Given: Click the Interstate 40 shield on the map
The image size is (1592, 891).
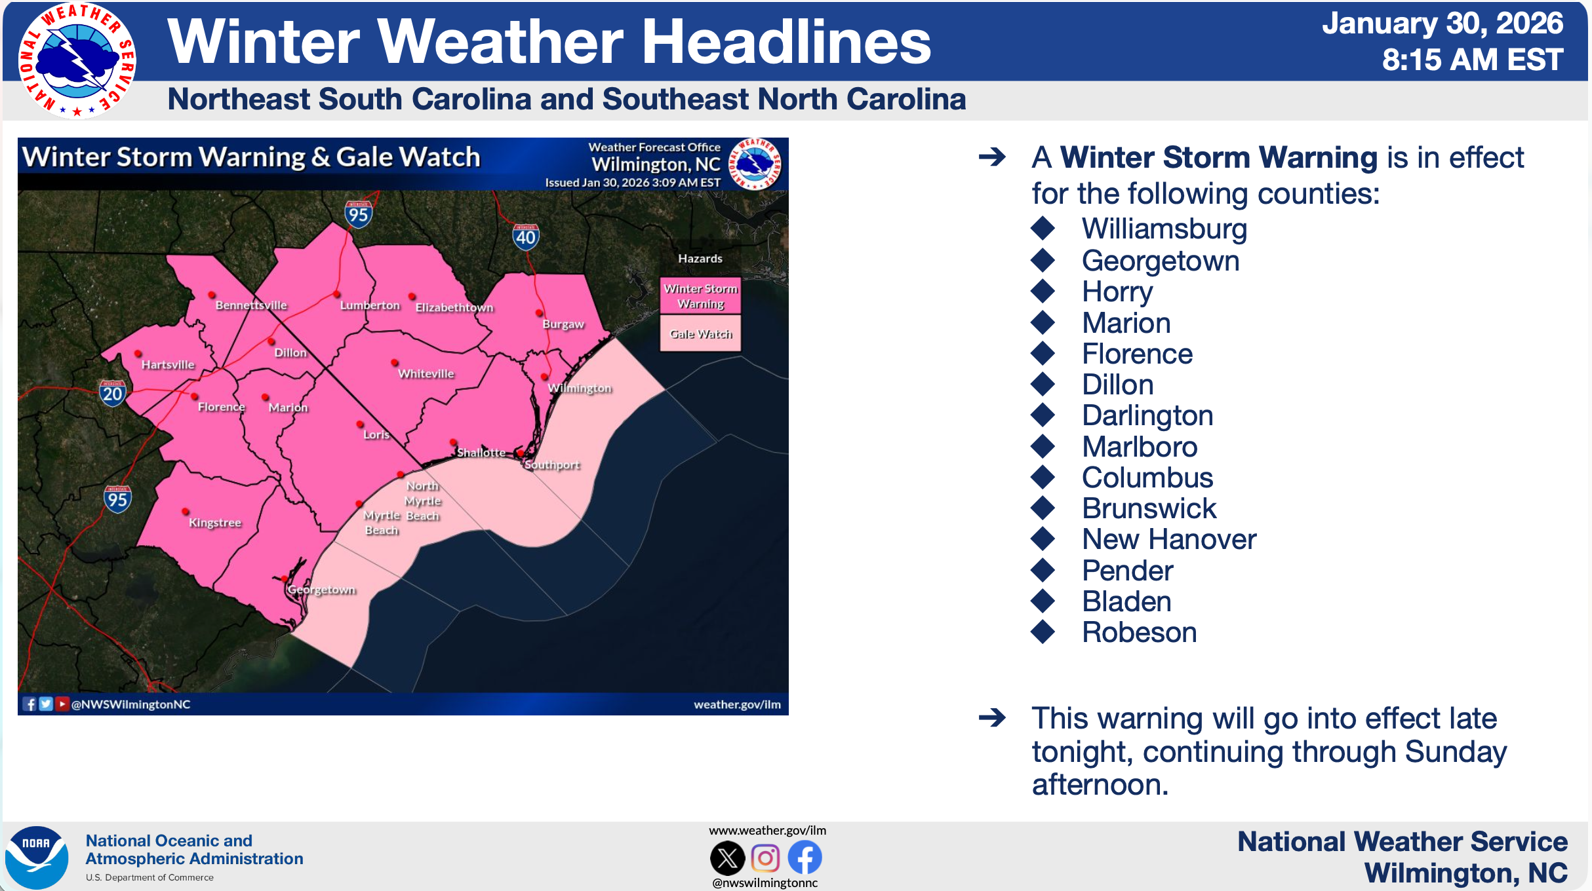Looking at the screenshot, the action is [526, 237].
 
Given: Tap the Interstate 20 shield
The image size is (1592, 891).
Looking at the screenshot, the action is [112, 393].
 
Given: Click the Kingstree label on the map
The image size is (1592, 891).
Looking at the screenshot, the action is [215, 523].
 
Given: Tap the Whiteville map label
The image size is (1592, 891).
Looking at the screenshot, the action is [426, 373].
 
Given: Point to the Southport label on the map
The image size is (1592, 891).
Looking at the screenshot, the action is [552, 465].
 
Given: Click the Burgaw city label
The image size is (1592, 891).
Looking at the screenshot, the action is [563, 324].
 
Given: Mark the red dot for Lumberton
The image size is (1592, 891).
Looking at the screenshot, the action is [337, 294].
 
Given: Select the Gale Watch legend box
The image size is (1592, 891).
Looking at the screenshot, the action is [700, 333].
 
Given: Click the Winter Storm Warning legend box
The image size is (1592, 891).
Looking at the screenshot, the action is [700, 296].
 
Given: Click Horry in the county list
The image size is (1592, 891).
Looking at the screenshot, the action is [1117, 292].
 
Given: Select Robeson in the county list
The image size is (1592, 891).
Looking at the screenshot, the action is [1140, 632].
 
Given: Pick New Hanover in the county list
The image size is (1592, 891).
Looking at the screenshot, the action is [1169, 539].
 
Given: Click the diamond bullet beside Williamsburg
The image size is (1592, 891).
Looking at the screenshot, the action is [1043, 228].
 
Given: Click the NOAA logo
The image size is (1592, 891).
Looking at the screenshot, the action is [37, 857].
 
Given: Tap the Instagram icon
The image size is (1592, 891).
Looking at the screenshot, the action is [765, 858].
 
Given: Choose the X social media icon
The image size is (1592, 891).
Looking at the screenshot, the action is [728, 858].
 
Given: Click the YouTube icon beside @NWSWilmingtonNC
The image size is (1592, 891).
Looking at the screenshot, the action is [62, 704].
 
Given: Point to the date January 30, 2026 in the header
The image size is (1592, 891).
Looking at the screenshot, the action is [1443, 24].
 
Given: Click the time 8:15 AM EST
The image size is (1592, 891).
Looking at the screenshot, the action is [1473, 60].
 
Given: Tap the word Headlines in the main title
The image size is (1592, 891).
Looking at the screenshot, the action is [786, 41].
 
